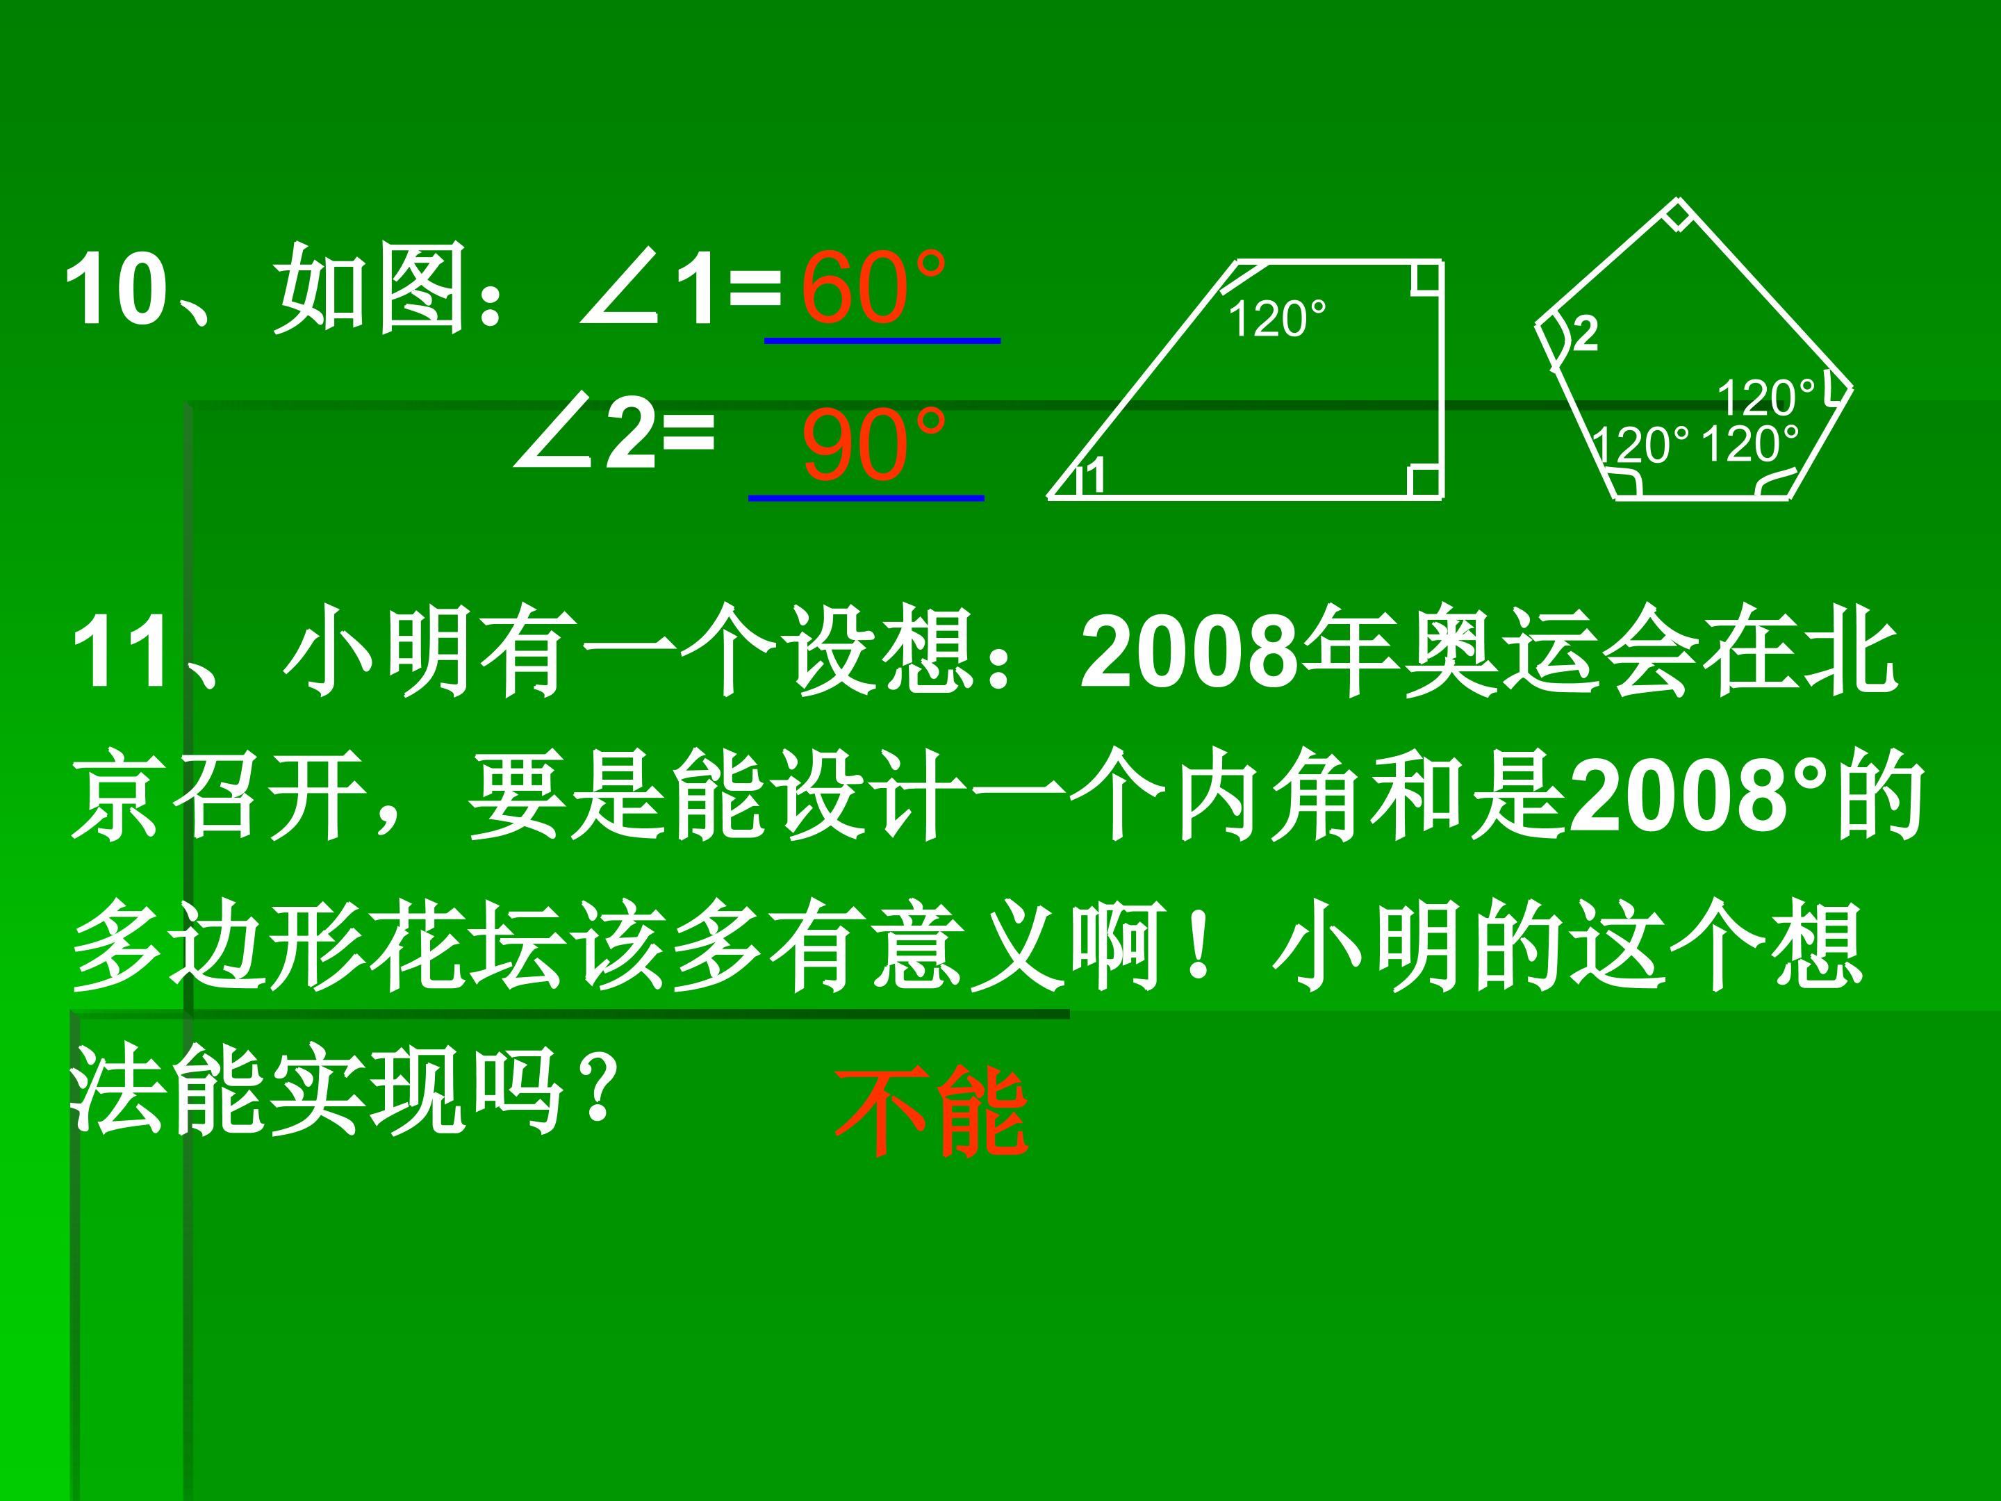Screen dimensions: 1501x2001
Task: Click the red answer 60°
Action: point(872,288)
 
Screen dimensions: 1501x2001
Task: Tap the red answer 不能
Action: point(931,1112)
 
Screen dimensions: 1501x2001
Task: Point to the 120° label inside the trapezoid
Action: point(1276,320)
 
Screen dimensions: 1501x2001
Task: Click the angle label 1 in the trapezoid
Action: point(1094,476)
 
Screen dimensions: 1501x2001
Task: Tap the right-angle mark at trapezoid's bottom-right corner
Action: point(1425,482)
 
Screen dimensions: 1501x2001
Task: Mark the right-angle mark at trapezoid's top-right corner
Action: point(1426,279)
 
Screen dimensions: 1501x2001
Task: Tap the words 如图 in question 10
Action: point(371,288)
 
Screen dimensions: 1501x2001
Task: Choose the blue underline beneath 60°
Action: point(882,341)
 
